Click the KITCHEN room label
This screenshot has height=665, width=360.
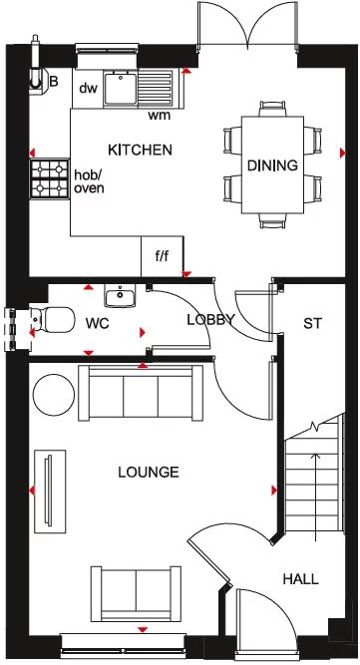(141, 151)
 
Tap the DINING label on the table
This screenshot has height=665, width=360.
(272, 166)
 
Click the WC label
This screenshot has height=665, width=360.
(98, 324)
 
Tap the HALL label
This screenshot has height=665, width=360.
(300, 578)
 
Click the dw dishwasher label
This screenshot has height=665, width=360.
(88, 87)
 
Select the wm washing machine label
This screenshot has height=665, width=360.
(158, 115)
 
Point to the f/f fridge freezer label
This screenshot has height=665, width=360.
(162, 255)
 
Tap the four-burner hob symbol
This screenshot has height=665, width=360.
(52, 180)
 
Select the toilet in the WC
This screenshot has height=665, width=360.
(55, 321)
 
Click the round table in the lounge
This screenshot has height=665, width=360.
(54, 396)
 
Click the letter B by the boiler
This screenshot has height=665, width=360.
(54, 82)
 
